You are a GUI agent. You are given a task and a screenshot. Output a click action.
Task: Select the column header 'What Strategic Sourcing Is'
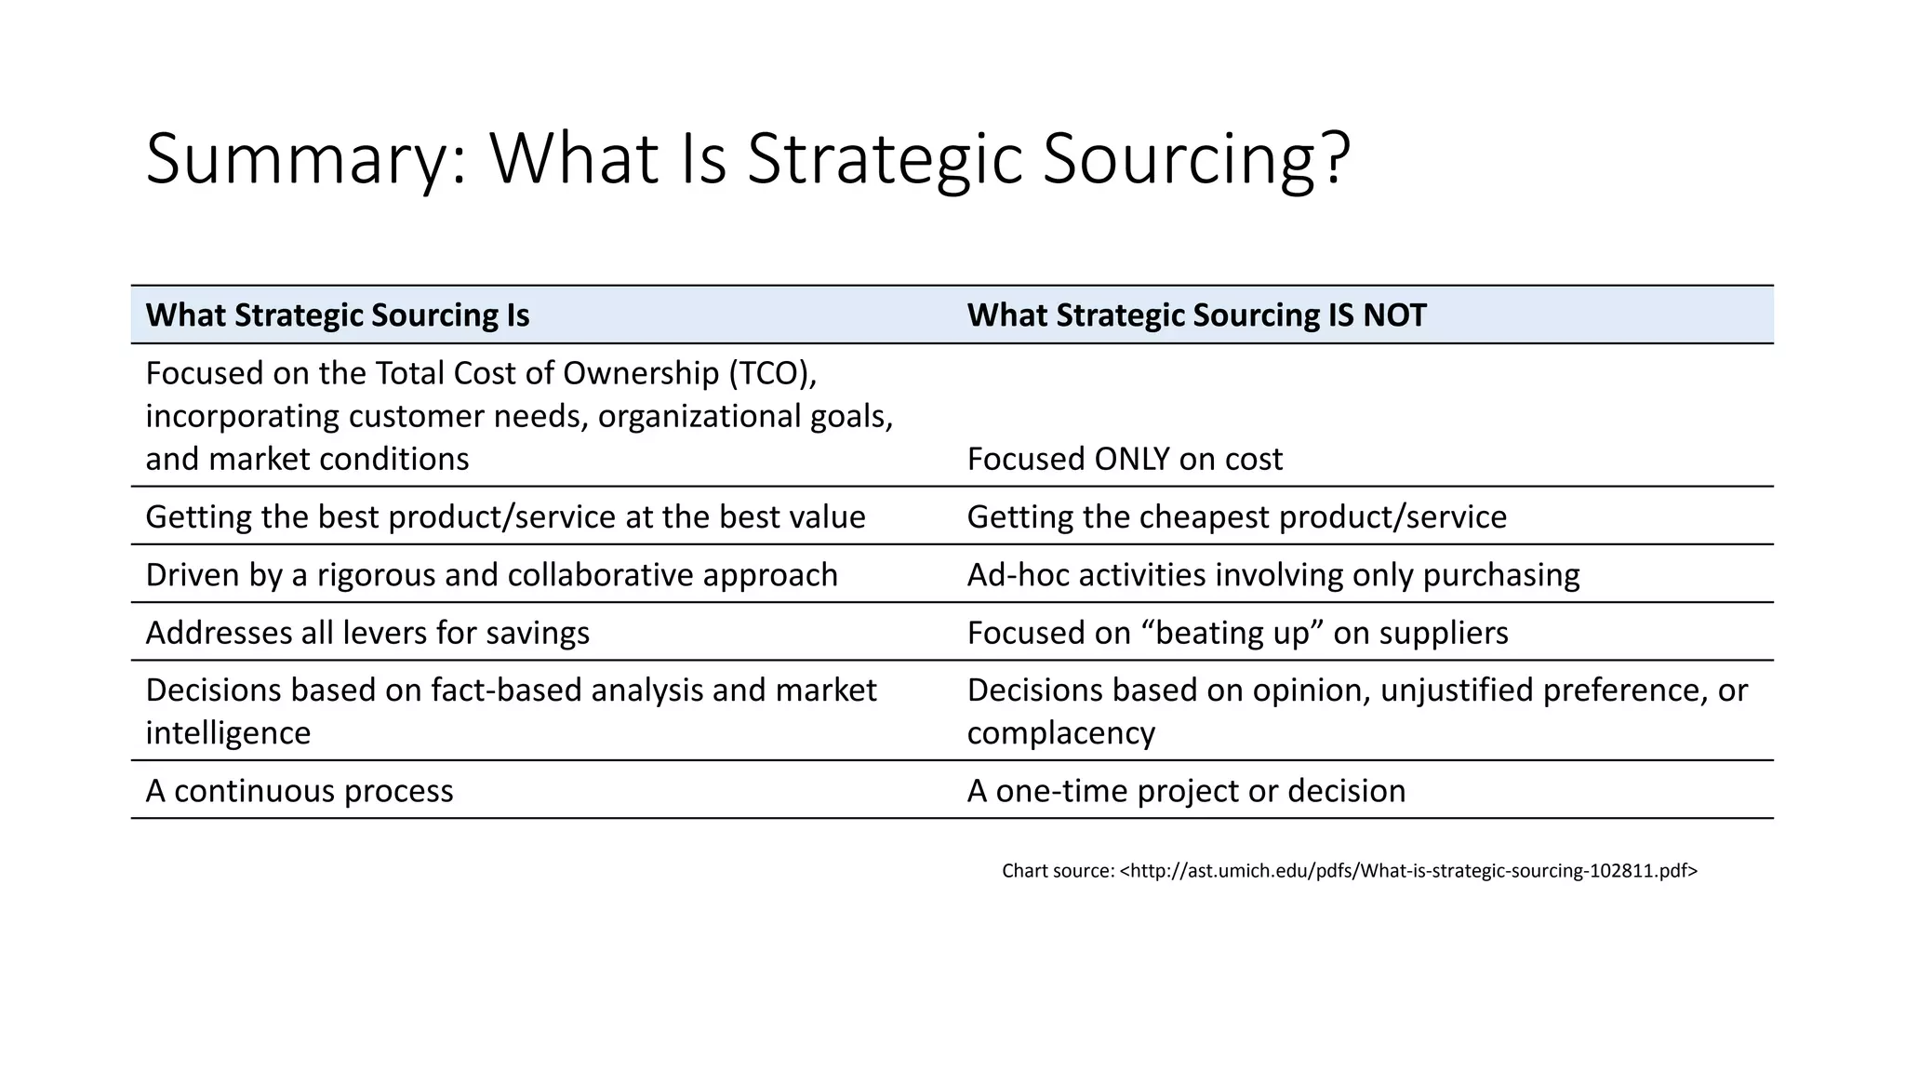(x=338, y=315)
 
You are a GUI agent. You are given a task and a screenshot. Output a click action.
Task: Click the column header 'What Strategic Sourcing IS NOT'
(x=1196, y=315)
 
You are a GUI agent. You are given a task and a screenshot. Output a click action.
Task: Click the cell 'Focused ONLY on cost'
(x=1125, y=459)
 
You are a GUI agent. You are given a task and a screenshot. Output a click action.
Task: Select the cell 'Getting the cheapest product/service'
(x=1236, y=516)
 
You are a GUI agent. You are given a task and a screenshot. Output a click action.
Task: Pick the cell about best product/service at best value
(x=505, y=516)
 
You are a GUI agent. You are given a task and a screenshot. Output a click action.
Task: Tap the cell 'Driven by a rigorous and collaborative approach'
(x=491, y=575)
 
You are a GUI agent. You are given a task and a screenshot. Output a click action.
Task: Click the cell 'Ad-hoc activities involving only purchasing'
(x=1272, y=575)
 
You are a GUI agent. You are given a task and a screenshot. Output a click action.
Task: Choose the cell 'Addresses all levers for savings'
(x=367, y=633)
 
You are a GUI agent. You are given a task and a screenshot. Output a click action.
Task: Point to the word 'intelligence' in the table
(x=228, y=733)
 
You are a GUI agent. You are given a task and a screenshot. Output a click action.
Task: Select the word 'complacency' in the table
(x=1060, y=733)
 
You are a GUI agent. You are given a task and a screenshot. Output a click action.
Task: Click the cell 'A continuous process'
(x=300, y=791)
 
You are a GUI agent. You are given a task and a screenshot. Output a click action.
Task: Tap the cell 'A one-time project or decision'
(x=1186, y=791)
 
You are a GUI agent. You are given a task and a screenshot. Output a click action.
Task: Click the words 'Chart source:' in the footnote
(x=1058, y=871)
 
